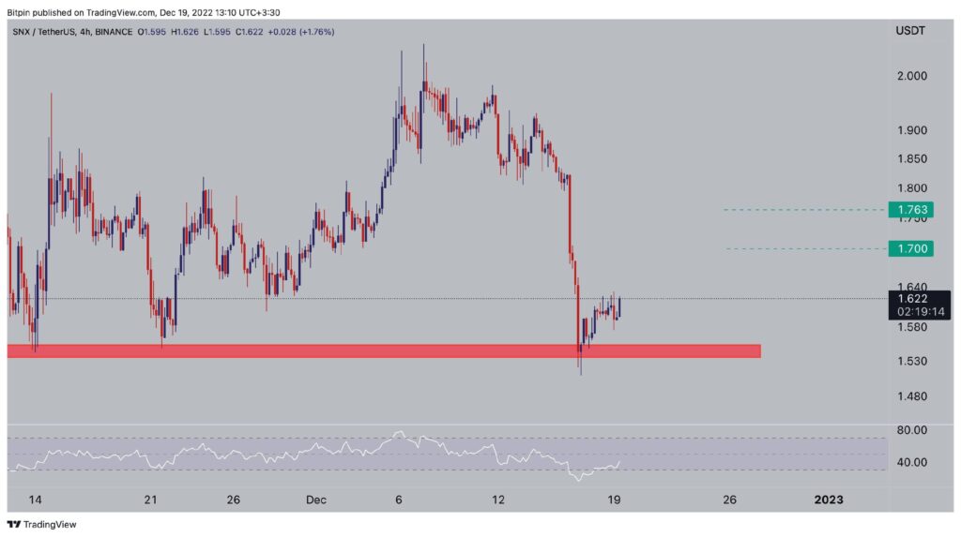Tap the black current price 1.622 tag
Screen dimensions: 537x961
[912, 299]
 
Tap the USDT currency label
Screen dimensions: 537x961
[909, 31]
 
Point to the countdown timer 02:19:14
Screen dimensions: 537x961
[912, 311]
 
